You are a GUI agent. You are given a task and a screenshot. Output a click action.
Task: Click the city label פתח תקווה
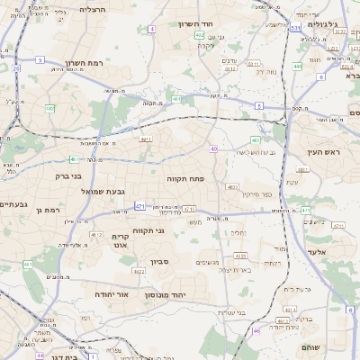pyautogui.click(x=188, y=179)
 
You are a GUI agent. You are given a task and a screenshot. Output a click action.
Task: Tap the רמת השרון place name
pyautogui.click(x=86, y=64)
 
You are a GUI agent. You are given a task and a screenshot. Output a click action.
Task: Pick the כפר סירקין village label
pyautogui.click(x=255, y=194)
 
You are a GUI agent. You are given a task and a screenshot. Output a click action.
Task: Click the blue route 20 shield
pyautogui.click(x=15, y=67)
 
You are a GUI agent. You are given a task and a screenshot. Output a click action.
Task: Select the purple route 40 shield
pyautogui.click(x=213, y=148)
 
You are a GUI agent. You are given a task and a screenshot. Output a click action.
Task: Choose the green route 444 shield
pyautogui.click(x=297, y=67)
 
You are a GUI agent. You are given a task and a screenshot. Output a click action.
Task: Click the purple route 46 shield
pyautogui.click(x=256, y=331)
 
